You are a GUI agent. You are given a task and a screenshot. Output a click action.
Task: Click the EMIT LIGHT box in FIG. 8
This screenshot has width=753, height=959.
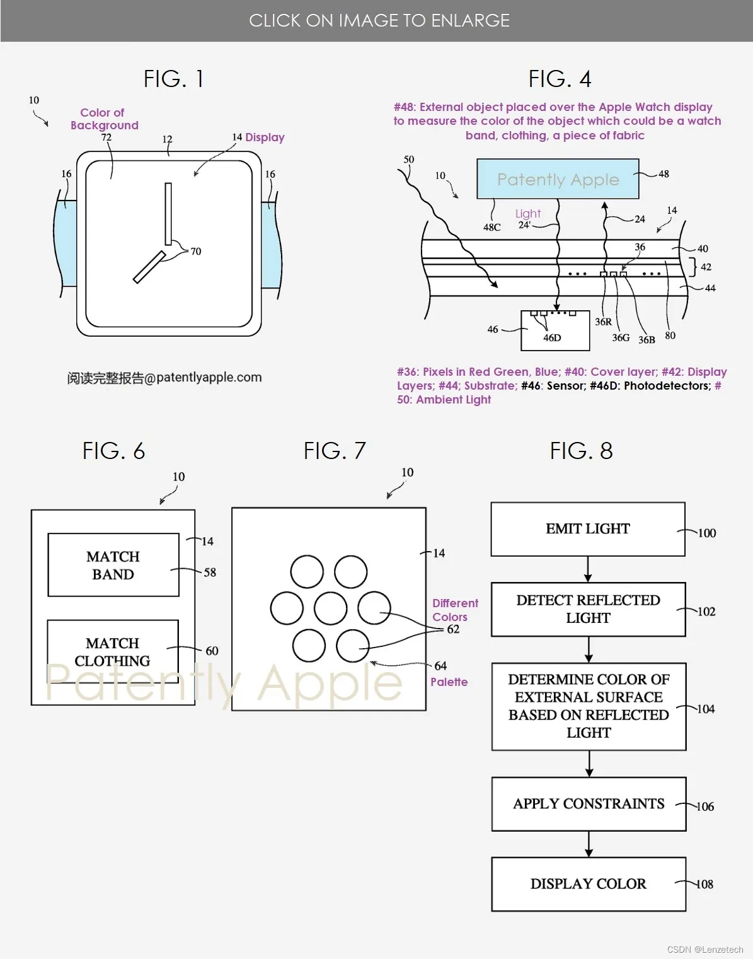(587, 529)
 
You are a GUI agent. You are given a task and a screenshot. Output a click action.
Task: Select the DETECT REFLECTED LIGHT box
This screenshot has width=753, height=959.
(587, 609)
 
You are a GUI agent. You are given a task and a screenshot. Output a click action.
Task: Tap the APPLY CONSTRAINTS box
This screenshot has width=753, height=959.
(588, 804)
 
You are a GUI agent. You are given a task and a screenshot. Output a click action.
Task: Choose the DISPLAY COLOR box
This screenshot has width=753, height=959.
(588, 884)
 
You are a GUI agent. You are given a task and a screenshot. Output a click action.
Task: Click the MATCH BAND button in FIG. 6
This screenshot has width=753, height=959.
(113, 565)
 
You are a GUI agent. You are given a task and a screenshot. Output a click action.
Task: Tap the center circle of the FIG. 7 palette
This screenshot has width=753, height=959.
(330, 608)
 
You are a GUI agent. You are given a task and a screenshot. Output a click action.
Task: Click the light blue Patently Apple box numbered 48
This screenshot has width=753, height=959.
(558, 179)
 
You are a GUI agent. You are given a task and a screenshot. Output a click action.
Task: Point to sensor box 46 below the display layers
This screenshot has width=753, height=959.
(555, 332)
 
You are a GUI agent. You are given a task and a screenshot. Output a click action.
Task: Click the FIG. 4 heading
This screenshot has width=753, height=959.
(560, 79)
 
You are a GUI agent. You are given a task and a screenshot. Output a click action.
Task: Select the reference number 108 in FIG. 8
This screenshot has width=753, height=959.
(704, 884)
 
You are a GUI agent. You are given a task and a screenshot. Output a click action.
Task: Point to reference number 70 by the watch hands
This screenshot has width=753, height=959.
(196, 252)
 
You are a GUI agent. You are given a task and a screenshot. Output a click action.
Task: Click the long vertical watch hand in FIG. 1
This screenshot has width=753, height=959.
(168, 213)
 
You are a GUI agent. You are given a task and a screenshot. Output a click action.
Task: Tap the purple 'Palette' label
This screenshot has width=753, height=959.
(449, 682)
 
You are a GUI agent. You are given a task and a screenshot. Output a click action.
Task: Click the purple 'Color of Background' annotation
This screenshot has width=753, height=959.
(104, 119)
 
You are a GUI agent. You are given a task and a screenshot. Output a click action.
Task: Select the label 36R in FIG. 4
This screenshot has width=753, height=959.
(603, 322)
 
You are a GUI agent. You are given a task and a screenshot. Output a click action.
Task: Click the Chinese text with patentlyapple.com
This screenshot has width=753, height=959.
(164, 378)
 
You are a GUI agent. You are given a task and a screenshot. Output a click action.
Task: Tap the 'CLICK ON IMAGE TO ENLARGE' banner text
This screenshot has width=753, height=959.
(379, 21)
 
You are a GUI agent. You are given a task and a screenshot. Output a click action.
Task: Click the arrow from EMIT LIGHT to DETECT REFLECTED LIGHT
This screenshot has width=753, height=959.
(588, 569)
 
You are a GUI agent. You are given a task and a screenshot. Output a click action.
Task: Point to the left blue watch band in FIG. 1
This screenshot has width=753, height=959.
(66, 243)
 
